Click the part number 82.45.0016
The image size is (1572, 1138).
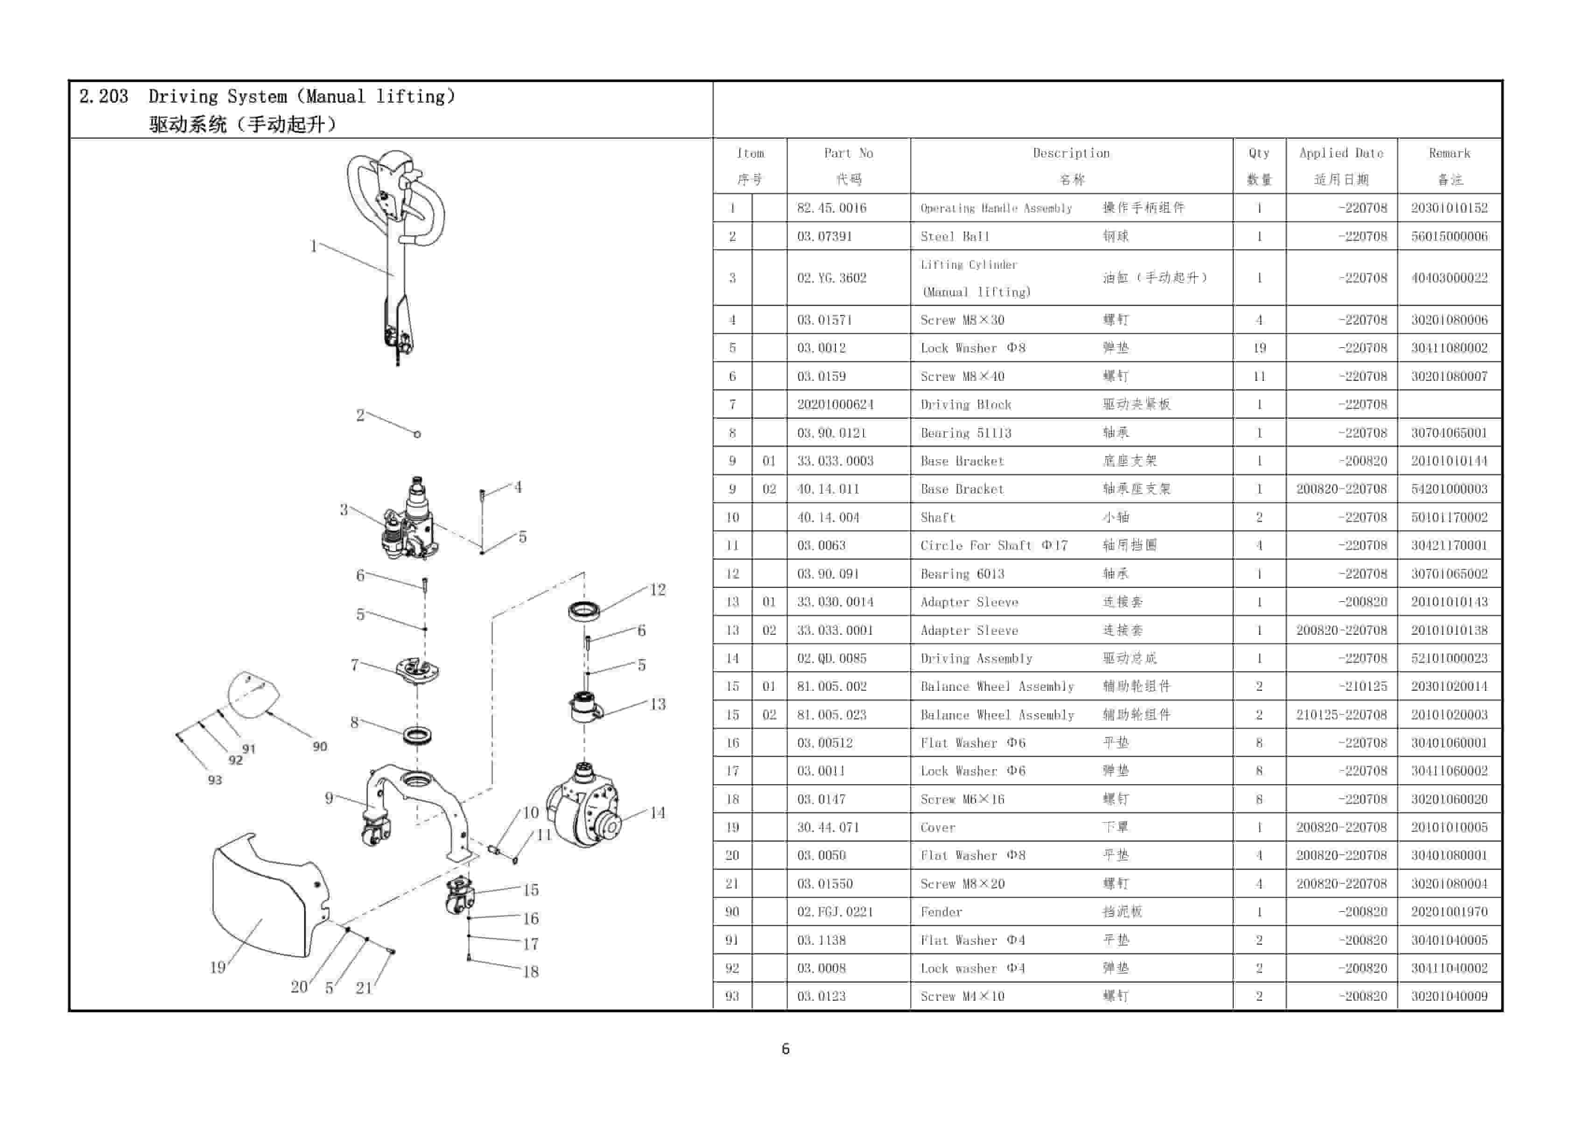tap(831, 208)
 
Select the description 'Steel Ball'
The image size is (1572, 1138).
tap(954, 236)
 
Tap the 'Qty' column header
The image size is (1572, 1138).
tap(1259, 153)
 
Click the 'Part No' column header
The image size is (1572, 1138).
tap(849, 153)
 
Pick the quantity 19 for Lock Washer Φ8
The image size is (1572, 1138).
tap(1259, 348)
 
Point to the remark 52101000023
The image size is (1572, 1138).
tap(1449, 658)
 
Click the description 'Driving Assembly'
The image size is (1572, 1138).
tap(976, 658)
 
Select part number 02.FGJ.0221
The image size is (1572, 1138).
tap(835, 911)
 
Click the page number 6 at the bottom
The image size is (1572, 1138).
tap(786, 1048)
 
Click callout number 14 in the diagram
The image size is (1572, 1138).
tap(657, 812)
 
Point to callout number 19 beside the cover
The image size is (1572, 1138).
tap(218, 967)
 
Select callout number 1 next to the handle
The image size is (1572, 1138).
tap(313, 246)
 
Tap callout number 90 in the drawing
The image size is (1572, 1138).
tap(320, 746)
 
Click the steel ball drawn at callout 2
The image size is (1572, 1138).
tap(417, 435)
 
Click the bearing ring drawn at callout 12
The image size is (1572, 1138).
tap(584, 611)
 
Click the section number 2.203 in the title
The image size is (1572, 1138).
tap(104, 96)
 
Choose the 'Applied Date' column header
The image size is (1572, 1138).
tap(1340, 153)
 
